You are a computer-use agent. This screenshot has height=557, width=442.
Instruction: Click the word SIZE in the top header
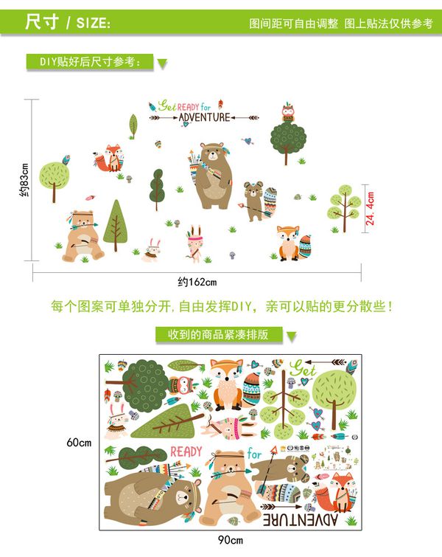(x=92, y=23)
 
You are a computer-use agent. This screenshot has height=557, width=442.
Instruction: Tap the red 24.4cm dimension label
(x=371, y=209)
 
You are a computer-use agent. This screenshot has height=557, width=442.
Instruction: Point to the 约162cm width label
(x=197, y=282)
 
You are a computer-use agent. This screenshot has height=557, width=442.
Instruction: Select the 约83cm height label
(x=24, y=181)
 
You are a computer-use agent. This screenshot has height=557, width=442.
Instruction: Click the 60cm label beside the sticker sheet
(x=79, y=443)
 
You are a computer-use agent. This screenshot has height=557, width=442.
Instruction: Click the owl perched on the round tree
(x=288, y=114)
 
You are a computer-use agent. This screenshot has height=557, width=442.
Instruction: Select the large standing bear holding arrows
(x=211, y=176)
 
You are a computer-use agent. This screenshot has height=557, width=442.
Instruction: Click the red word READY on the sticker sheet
(x=186, y=452)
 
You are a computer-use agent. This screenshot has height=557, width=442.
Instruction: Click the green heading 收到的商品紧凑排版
(x=218, y=335)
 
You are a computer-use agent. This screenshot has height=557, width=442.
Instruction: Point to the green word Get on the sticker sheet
(x=303, y=367)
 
